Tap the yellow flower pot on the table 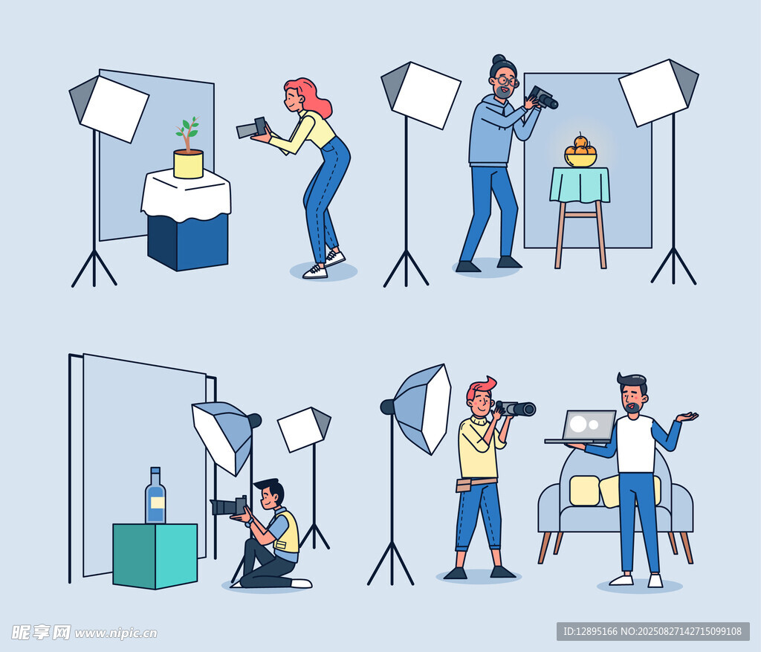[x=188, y=164]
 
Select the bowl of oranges [x=580, y=151]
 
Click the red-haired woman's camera [x=252, y=128]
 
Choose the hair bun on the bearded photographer [x=499, y=59]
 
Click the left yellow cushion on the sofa [x=584, y=491]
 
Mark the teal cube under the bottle [x=155, y=555]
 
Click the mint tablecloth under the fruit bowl [x=580, y=184]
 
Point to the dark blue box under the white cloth [x=187, y=242]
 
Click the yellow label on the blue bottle [x=157, y=503]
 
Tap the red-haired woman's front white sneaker [x=315, y=271]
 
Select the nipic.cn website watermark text [x=115, y=633]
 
